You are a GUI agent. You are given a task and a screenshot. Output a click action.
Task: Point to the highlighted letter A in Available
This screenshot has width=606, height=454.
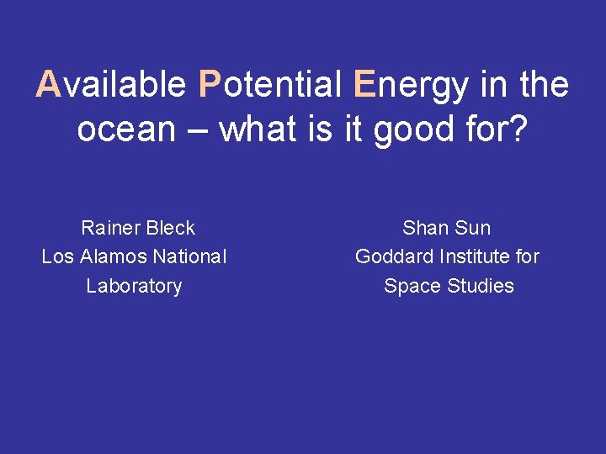(x=48, y=85)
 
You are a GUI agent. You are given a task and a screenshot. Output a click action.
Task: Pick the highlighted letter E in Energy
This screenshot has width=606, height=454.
(x=364, y=85)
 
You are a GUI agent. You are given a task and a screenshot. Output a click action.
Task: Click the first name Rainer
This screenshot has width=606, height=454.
(x=110, y=228)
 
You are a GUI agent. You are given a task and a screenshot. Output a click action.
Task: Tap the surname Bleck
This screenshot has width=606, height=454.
(x=171, y=228)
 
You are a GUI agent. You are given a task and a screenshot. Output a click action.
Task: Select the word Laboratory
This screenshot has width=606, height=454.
(x=134, y=287)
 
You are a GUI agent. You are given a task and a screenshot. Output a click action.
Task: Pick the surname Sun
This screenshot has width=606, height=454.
(x=472, y=228)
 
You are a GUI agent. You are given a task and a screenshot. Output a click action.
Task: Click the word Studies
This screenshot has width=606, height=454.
(x=481, y=286)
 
